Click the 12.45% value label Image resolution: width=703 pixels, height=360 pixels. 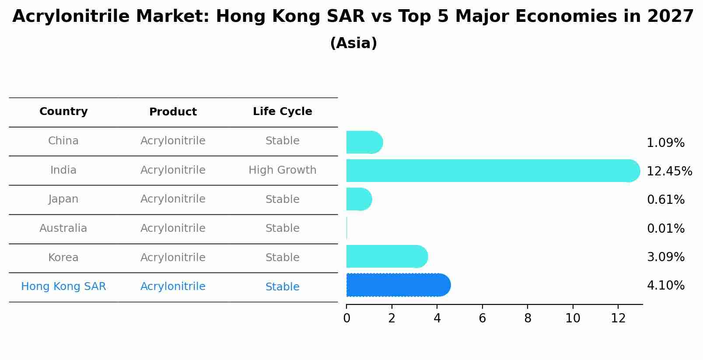click(x=669, y=171)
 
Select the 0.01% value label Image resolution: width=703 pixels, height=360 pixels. click(x=665, y=228)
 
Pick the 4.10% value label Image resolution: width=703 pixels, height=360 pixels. click(x=665, y=286)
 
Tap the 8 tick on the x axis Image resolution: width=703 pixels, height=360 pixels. click(x=528, y=318)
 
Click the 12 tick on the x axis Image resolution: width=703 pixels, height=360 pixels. click(x=618, y=318)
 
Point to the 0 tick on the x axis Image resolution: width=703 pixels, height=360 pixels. click(x=346, y=318)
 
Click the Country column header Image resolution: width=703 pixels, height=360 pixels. click(x=63, y=112)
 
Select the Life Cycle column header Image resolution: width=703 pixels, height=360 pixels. click(x=282, y=112)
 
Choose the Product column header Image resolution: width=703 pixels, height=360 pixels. click(x=173, y=112)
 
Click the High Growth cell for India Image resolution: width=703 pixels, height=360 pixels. click(x=282, y=170)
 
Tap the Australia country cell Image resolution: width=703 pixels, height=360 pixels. click(x=63, y=228)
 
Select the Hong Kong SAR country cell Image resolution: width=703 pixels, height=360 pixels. click(x=63, y=287)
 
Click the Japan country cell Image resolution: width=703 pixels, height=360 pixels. click(x=63, y=199)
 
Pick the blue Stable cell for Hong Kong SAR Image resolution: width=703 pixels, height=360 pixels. click(x=282, y=287)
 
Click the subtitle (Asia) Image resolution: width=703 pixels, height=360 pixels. click(x=353, y=43)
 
